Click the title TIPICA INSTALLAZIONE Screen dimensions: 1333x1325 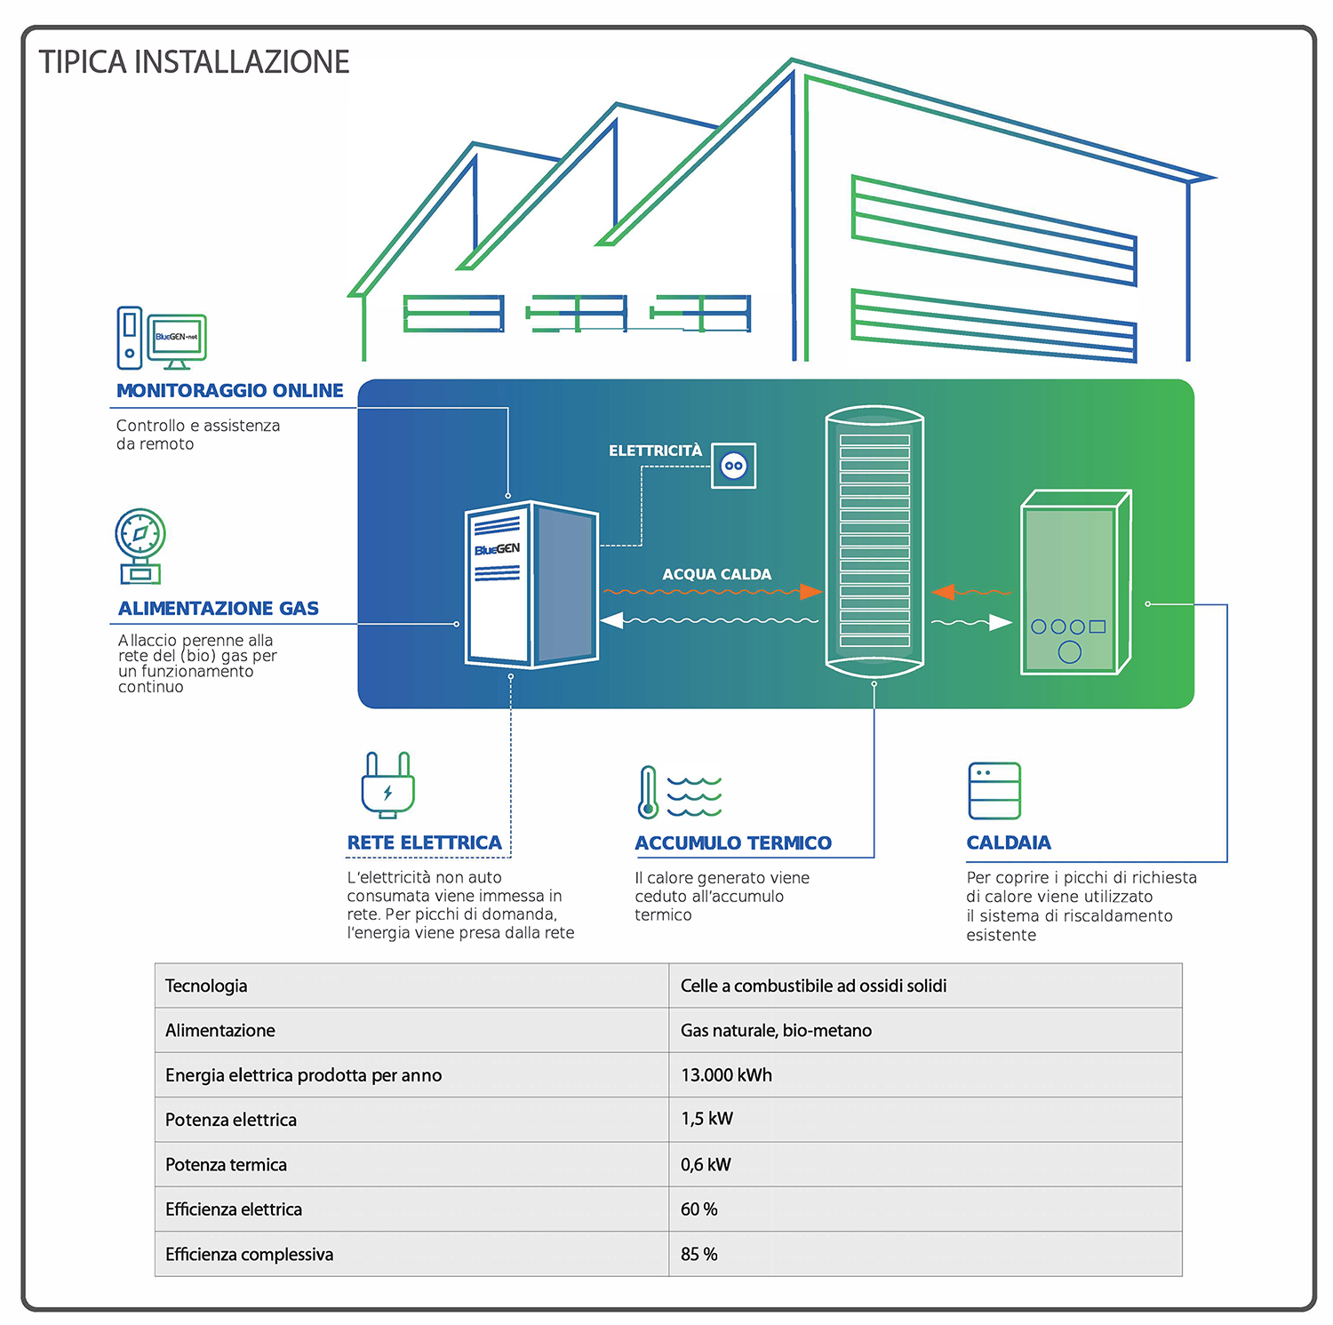coord(194,62)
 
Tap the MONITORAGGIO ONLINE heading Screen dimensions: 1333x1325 coord(229,390)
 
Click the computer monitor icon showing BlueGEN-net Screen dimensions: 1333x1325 coord(177,340)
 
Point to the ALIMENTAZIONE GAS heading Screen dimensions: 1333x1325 coord(219,609)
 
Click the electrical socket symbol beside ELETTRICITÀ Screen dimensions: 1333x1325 coord(733,466)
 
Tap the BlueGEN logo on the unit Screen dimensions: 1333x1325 coord(498,549)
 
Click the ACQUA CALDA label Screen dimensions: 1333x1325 coord(716,574)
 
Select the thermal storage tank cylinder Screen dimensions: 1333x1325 coord(874,542)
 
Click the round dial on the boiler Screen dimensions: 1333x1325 coord(1070,652)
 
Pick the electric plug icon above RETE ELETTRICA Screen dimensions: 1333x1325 coord(388,785)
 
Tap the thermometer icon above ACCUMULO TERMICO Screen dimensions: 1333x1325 coord(648,792)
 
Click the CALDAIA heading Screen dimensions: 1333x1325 coord(1009,842)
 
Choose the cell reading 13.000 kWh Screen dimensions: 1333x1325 coord(925,1074)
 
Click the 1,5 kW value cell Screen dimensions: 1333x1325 coord(925,1119)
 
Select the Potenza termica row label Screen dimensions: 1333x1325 coord(226,1164)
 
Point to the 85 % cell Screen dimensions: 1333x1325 coord(925,1254)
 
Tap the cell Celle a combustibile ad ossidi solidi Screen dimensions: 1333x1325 coord(925,986)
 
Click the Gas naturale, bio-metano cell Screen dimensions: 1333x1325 coord(925,1030)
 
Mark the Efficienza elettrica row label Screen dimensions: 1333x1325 coord(234,1209)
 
